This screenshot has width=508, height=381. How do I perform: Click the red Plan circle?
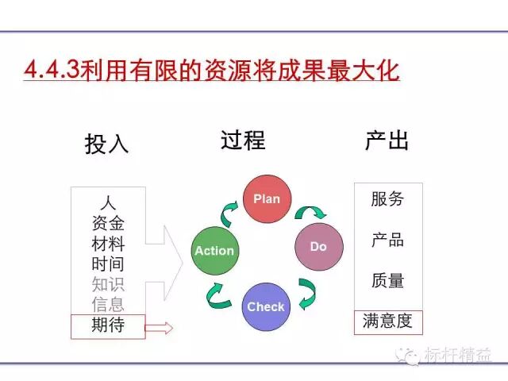[267, 198]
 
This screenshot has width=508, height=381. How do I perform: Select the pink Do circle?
[318, 246]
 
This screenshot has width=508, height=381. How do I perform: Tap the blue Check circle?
[266, 306]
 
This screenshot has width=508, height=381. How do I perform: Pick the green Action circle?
[214, 250]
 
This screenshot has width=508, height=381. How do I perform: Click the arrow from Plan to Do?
[310, 212]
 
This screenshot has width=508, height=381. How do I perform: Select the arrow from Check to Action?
[219, 295]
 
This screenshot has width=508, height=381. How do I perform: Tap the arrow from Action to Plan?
[229, 210]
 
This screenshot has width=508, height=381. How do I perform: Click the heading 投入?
[106, 144]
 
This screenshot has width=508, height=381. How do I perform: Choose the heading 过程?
[243, 140]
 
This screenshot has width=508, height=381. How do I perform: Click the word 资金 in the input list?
[108, 223]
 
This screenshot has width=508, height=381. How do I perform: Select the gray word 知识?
[108, 284]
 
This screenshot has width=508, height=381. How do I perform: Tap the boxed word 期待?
[108, 325]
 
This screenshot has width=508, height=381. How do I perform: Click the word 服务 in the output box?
[387, 199]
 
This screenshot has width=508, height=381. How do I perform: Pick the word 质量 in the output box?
[387, 280]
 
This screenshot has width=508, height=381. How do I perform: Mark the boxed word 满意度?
[387, 321]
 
